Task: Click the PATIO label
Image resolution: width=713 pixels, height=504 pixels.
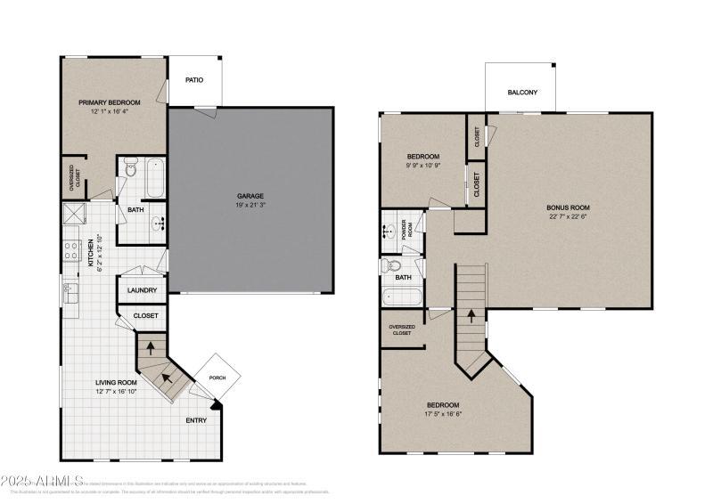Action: [x=194, y=80]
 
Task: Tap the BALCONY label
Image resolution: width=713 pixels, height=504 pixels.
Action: [x=521, y=92]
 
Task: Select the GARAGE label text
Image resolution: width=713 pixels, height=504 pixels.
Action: [x=250, y=196]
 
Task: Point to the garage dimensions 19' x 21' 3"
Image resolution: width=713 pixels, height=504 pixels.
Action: [x=250, y=206]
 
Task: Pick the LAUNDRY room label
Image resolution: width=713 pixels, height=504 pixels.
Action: [x=143, y=289]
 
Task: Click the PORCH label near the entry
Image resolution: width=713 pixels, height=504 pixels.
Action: [x=217, y=378]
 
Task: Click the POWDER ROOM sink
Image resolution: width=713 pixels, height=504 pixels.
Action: [x=390, y=232]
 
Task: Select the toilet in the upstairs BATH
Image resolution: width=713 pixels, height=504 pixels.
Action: [x=393, y=265]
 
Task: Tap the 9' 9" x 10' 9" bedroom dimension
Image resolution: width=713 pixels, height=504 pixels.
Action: [x=423, y=166]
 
